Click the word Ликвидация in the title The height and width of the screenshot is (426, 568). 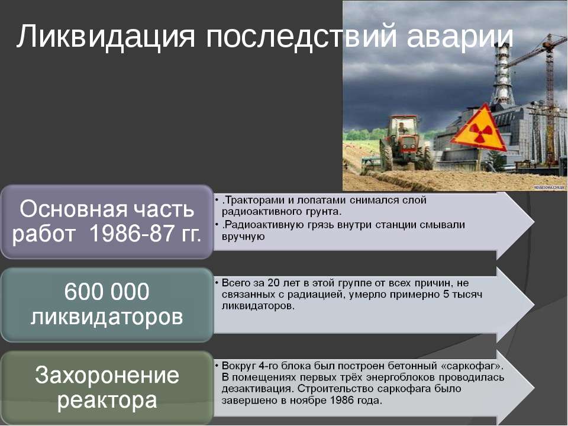[x=106, y=36]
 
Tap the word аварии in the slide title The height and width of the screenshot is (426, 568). [x=460, y=37]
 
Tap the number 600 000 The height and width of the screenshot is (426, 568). [x=106, y=291]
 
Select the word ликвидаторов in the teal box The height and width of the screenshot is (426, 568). [x=106, y=317]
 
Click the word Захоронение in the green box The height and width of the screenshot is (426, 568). [x=107, y=375]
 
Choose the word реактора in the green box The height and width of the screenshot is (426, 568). [x=107, y=401]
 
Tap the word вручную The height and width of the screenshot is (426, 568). [x=243, y=237]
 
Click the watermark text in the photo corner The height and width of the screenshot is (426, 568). [x=549, y=188]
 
